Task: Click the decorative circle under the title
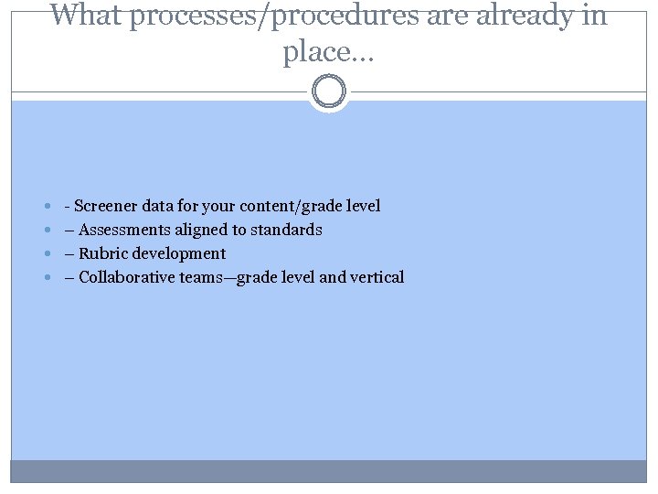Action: pyautogui.click(x=329, y=92)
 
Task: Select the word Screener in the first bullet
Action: pyautogui.click(x=108, y=206)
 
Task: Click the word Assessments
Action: pyautogui.click(x=127, y=230)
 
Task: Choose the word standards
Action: pyautogui.click(x=286, y=230)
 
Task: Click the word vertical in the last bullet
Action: pyautogui.click(x=376, y=277)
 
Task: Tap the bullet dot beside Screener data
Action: pyautogui.click(x=47, y=207)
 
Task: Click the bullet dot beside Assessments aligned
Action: pyautogui.click(x=47, y=231)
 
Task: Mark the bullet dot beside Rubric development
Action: pyautogui.click(x=47, y=254)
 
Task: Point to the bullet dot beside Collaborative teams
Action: pyautogui.click(x=47, y=278)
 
